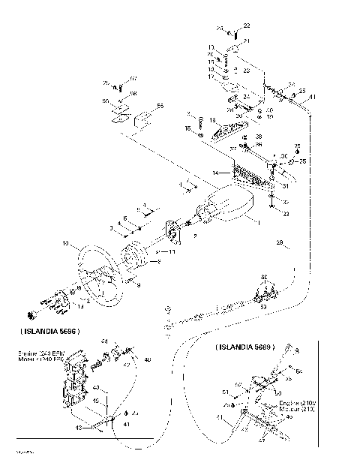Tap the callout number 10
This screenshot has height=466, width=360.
coord(65,244)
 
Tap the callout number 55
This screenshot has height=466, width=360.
coord(160,106)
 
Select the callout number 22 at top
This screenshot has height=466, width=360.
coord(247,26)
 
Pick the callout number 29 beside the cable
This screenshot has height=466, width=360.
coord(280,243)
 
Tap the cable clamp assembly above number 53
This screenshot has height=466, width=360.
coord(264,290)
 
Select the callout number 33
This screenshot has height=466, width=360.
coord(286,214)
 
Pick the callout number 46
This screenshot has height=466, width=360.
coord(147,359)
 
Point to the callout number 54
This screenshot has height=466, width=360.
coord(299,371)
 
